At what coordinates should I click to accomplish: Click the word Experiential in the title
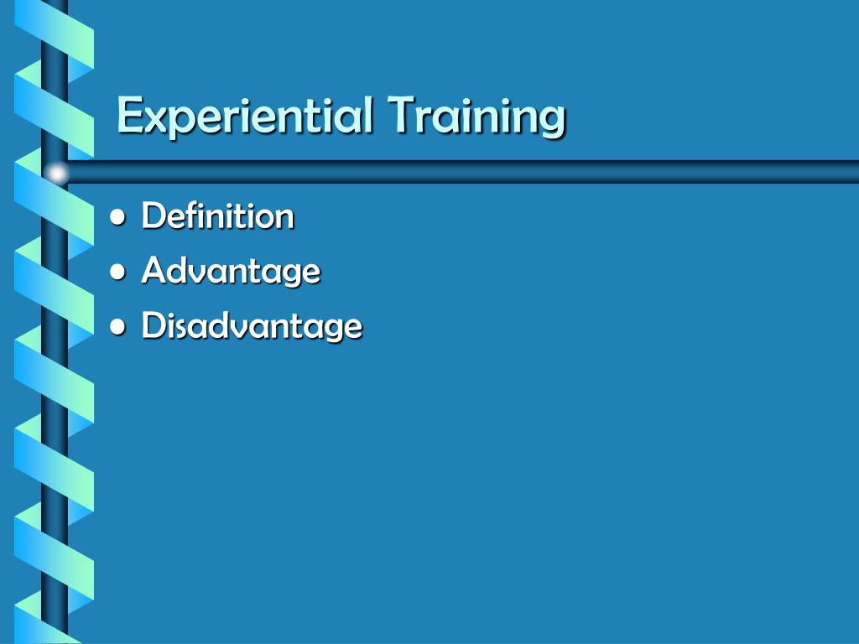(x=243, y=116)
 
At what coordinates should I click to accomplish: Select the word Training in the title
(x=476, y=116)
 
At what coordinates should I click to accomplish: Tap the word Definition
(x=218, y=216)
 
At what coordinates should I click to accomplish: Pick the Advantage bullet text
(x=231, y=271)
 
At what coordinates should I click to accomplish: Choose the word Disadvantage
(x=252, y=325)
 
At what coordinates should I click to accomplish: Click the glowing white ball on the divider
(x=56, y=173)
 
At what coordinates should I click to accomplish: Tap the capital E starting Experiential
(x=128, y=114)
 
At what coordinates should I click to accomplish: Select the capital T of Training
(x=401, y=114)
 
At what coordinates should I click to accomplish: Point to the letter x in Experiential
(x=153, y=119)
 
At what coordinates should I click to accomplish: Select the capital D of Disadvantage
(x=153, y=325)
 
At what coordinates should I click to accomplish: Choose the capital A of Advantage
(x=153, y=270)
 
